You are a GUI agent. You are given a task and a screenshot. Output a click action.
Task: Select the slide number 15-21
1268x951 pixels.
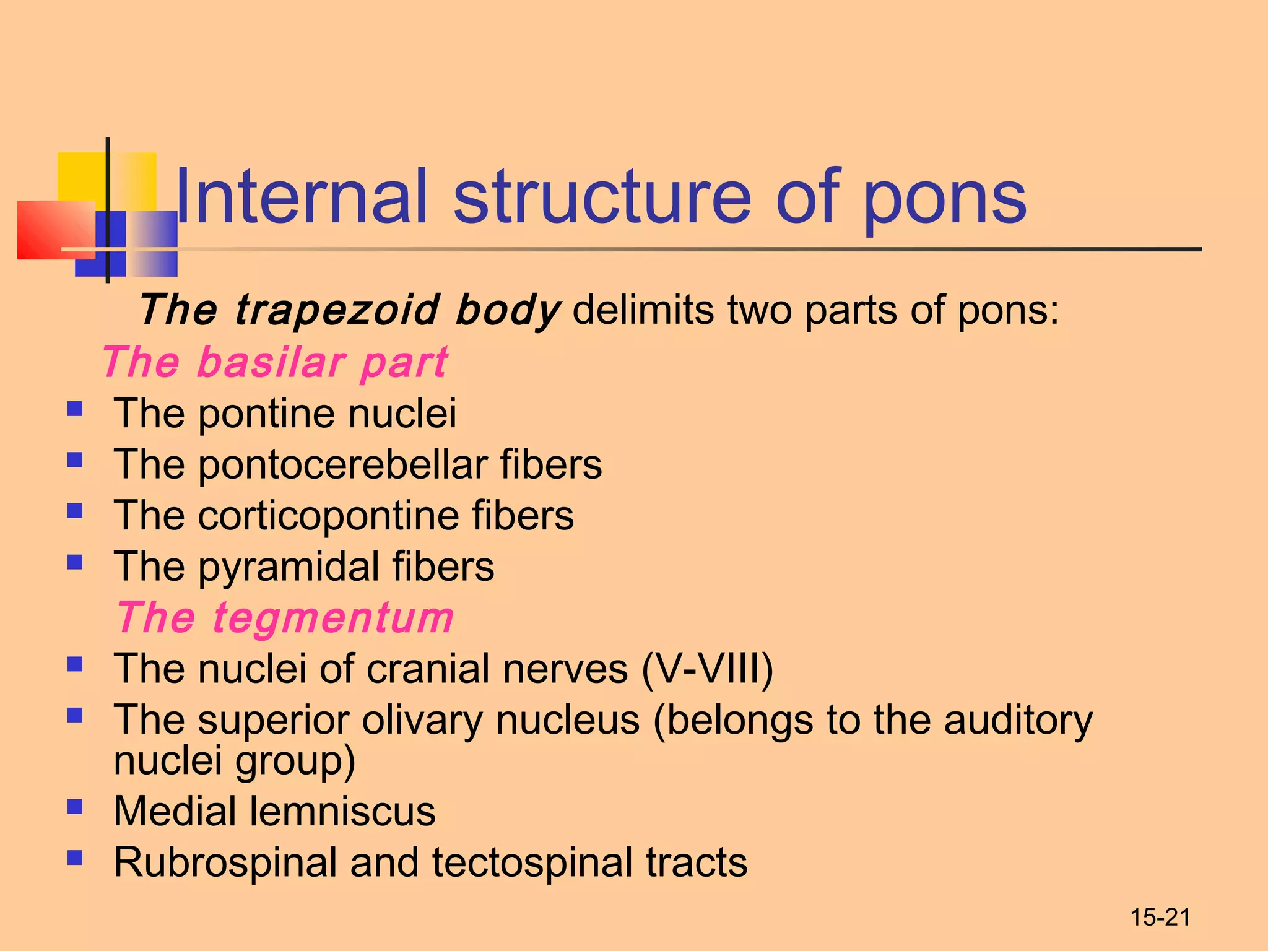click(x=1160, y=918)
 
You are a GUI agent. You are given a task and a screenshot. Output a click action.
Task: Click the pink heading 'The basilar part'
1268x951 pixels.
click(x=275, y=362)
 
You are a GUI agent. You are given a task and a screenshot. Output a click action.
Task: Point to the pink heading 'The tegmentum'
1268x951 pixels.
click(x=285, y=618)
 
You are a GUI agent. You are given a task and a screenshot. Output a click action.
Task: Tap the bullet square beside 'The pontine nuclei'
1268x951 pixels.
click(x=75, y=409)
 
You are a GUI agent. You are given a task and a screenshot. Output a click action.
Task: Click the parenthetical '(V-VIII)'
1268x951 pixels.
click(x=707, y=669)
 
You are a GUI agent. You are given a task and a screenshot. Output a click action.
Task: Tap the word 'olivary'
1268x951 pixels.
click(x=422, y=720)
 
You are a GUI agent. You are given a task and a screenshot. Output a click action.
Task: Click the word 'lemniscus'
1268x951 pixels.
click(x=342, y=812)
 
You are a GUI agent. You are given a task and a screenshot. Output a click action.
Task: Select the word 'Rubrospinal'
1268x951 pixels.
click(x=225, y=862)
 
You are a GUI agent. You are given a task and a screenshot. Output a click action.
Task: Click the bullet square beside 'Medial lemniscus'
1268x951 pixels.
click(x=75, y=807)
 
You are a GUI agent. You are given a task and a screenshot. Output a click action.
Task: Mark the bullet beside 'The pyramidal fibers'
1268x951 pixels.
click(x=75, y=562)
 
